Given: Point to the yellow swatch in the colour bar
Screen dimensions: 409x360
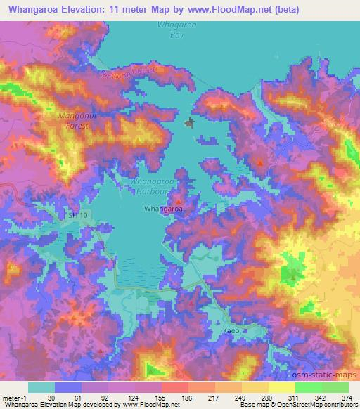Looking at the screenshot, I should (281, 387).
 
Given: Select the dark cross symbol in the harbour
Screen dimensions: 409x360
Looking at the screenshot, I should (189, 124).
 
